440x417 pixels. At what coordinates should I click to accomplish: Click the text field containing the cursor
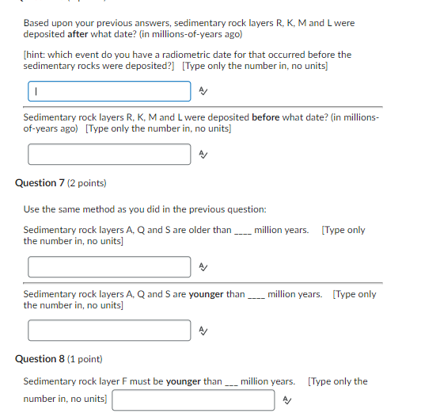pyautogui.click(x=109, y=91)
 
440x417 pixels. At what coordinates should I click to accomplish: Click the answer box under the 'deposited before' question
pyautogui.click(x=109, y=155)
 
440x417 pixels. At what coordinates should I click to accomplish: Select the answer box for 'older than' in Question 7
pyautogui.click(x=109, y=266)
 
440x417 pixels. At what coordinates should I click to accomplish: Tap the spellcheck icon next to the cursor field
pyautogui.click(x=203, y=92)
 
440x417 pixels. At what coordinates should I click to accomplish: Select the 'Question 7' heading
pyautogui.click(x=39, y=183)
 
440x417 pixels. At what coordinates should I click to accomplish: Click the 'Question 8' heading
pyautogui.click(x=39, y=359)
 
